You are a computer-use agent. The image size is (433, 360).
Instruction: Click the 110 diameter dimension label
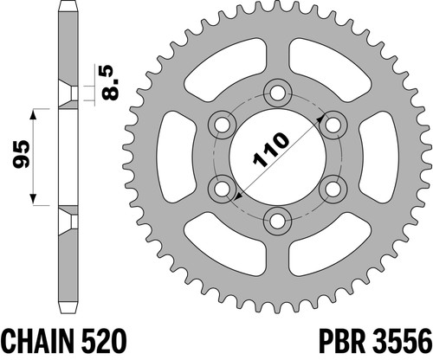click(271, 150)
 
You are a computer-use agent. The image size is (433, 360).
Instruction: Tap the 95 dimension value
click(22, 154)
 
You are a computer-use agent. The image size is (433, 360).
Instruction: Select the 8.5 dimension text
click(111, 83)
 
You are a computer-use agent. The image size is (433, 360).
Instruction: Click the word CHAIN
click(36, 342)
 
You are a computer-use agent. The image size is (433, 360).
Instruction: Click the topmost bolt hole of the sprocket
click(278, 93)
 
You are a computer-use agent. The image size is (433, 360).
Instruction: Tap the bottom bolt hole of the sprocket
click(278, 222)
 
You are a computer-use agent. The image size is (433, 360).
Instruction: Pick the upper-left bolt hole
click(222, 125)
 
